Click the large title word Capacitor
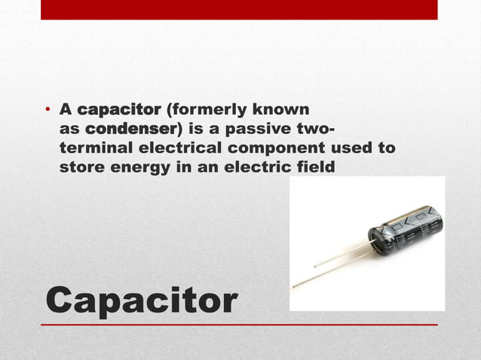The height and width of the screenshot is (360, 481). click(141, 300)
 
